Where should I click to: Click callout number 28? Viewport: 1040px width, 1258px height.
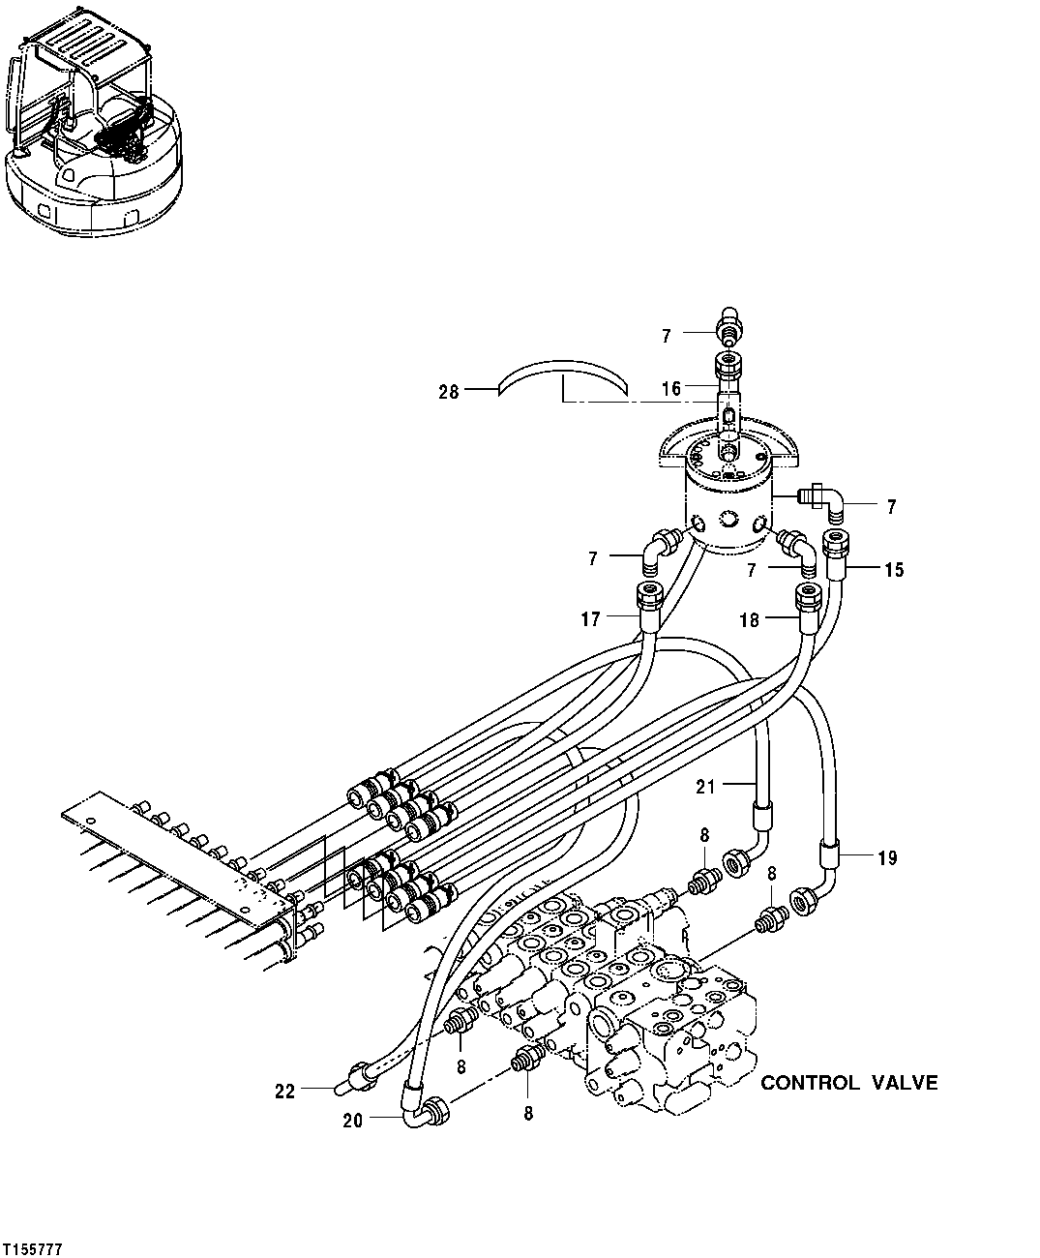[449, 391]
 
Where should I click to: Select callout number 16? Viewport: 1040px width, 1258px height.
[671, 389]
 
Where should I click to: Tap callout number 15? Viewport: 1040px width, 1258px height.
[893, 570]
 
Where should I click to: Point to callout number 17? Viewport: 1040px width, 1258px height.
[591, 618]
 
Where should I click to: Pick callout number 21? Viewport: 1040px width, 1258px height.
[706, 787]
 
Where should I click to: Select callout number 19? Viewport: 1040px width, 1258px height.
[887, 857]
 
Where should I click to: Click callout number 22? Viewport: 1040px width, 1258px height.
[284, 1091]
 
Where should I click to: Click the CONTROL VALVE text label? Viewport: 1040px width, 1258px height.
[848, 1083]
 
